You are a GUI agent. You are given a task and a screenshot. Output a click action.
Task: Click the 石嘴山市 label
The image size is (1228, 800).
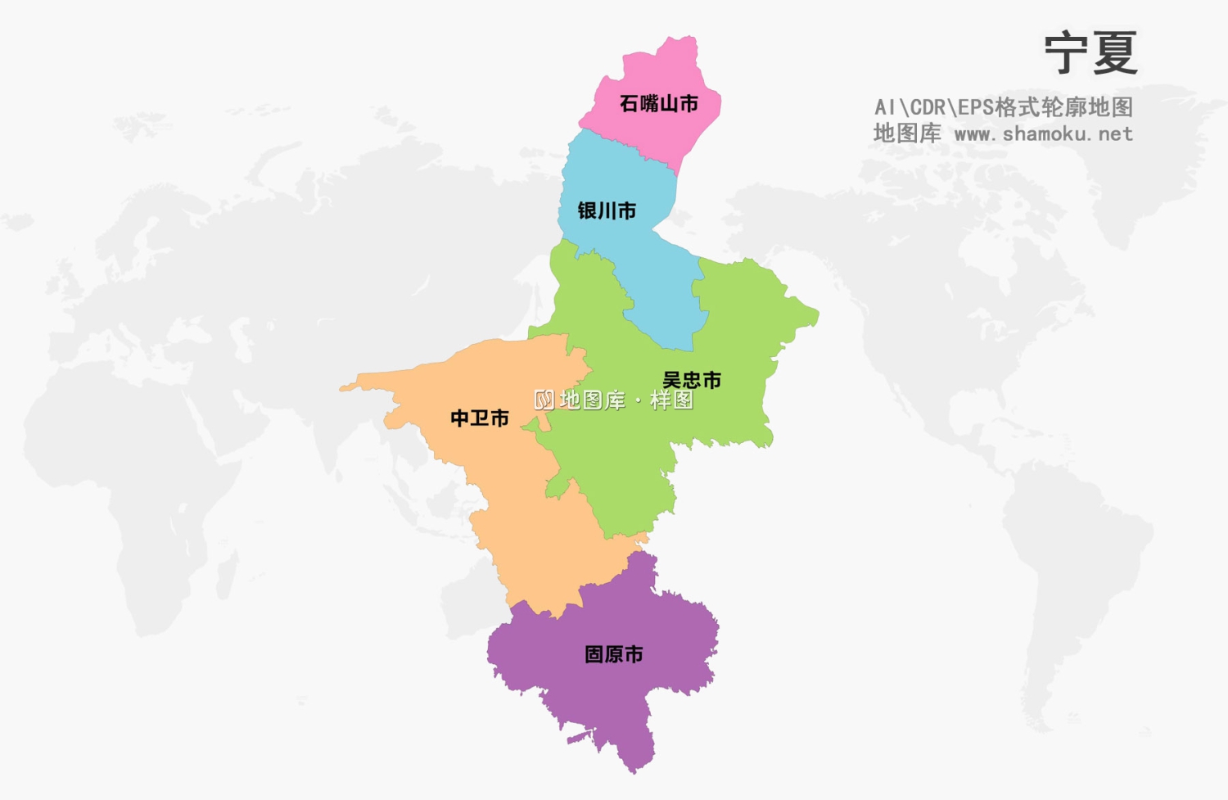point(658,104)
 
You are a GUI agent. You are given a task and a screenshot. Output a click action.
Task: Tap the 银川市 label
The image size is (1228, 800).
point(607,211)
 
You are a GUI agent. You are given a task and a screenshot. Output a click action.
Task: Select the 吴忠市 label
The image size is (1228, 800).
point(692,380)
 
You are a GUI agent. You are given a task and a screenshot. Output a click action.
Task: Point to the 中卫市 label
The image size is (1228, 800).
point(480,418)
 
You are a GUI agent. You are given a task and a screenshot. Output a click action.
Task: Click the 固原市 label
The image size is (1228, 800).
point(613,654)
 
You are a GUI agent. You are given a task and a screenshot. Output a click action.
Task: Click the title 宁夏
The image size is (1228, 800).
point(1090,53)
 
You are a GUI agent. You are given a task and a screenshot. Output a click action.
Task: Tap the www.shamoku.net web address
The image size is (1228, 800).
point(1043,133)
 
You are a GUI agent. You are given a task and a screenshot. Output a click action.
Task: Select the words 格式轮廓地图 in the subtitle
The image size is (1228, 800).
point(1063,107)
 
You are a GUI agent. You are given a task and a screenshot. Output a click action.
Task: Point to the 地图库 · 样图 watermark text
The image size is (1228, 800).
point(626,400)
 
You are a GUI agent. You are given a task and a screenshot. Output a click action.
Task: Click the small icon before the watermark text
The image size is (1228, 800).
point(544,400)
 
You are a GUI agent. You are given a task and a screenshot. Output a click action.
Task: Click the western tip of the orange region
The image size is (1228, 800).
point(343,387)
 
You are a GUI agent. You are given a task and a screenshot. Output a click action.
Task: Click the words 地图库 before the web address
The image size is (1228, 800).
point(906,133)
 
